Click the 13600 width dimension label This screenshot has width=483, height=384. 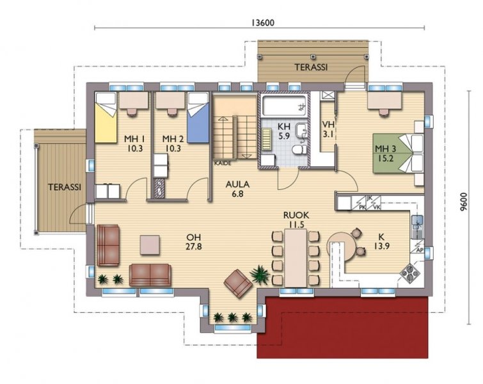pyautogui.click(x=263, y=23)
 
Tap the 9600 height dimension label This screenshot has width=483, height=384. pyautogui.click(x=464, y=202)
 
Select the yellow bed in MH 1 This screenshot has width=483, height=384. pyautogui.click(x=106, y=117)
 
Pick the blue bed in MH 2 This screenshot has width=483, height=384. pyautogui.click(x=198, y=117)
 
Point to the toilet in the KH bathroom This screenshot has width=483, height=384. pyautogui.click(x=299, y=150)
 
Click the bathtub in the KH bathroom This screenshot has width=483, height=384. pyautogui.click(x=283, y=106)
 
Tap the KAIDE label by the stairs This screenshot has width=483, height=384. pyautogui.click(x=223, y=163)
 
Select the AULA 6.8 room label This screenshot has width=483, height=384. pyautogui.click(x=237, y=189)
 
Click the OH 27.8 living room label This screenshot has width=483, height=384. pyautogui.click(x=194, y=242)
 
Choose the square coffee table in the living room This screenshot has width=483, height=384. pyautogui.click(x=150, y=244)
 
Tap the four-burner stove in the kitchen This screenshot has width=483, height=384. pyautogui.click(x=409, y=272)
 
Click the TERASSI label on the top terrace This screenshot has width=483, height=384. pyautogui.click(x=311, y=67)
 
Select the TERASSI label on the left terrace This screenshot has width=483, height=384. pyautogui.click(x=65, y=187)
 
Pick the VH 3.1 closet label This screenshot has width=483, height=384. pyautogui.click(x=328, y=129)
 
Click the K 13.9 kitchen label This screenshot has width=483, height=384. pyautogui.click(x=382, y=241)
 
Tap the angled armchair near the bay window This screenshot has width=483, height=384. pyautogui.click(x=238, y=284)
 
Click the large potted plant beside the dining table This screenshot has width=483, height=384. pyautogui.click(x=260, y=275)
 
